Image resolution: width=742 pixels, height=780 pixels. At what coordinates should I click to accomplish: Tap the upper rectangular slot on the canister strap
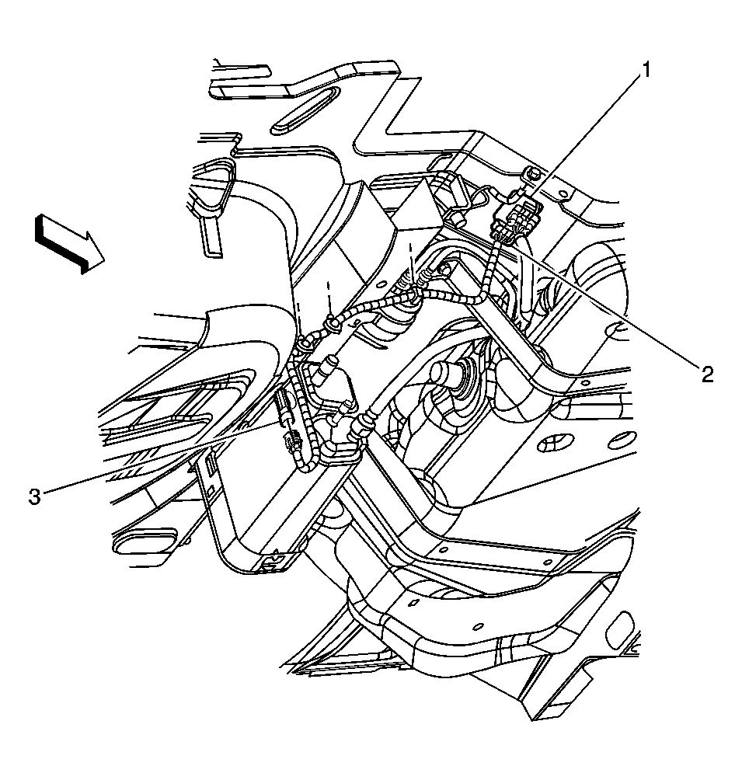click(211, 465)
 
